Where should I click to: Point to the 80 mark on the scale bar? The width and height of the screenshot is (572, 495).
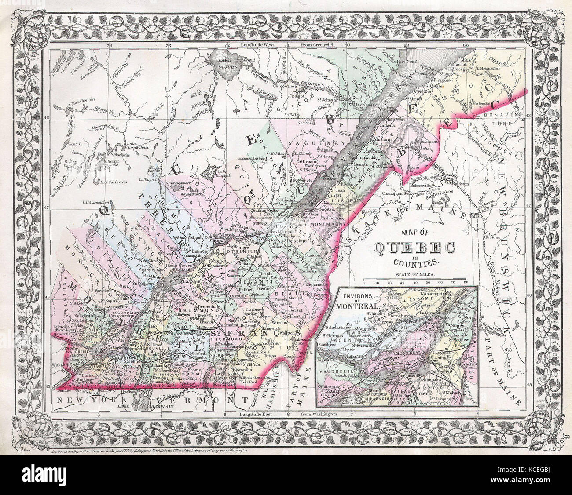tap(465, 282)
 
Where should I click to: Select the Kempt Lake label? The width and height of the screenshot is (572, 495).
tap(114, 164)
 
